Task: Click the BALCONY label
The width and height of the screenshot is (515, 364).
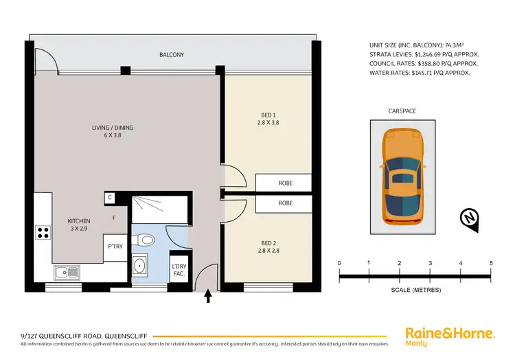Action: [x=172, y=55]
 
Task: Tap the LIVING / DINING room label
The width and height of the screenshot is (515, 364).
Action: [x=113, y=130]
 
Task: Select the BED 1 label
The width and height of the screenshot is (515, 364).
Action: [x=269, y=118]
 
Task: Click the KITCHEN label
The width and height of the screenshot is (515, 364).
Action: [x=79, y=225]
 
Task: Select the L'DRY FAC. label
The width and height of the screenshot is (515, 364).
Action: [x=179, y=270]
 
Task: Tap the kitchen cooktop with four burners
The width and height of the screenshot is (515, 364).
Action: [x=44, y=233]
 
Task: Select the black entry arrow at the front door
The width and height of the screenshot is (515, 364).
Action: [x=208, y=296]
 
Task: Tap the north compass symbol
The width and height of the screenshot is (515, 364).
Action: [x=469, y=218]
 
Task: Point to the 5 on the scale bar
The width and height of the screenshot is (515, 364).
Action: [x=490, y=263]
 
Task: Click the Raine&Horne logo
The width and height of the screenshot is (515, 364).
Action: [x=450, y=334]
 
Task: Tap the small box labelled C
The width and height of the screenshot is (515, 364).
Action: [x=110, y=198]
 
